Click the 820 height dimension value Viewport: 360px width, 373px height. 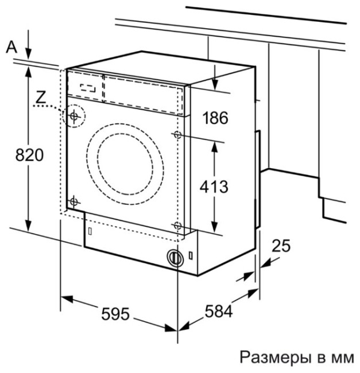(29, 155)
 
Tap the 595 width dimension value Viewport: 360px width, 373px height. (115, 314)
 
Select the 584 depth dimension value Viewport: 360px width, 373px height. (218, 311)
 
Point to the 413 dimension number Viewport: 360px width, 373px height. (214, 187)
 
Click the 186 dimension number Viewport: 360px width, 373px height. (215, 118)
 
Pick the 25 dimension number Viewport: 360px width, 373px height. (281, 246)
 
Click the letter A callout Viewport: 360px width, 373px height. (11, 46)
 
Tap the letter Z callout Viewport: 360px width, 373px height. (41, 98)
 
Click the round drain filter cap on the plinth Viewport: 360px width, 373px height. (175, 258)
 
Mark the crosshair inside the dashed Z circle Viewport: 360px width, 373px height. (74, 116)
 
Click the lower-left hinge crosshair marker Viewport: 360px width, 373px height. (73, 202)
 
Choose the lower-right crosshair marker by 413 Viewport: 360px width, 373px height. (177, 225)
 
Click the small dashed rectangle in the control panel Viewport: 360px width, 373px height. (88, 88)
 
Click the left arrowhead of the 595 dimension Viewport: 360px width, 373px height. (67, 299)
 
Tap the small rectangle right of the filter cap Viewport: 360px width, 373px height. (191, 255)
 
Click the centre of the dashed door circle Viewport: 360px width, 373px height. (125, 164)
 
